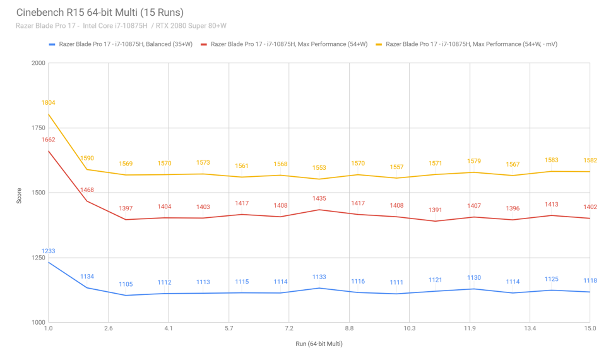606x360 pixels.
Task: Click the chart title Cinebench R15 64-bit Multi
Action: click(x=100, y=12)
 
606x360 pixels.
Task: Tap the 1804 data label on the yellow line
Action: click(x=49, y=102)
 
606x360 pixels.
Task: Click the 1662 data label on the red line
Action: click(x=49, y=140)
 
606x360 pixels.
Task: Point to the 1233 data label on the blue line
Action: click(x=49, y=251)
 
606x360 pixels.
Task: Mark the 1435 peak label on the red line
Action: click(x=319, y=198)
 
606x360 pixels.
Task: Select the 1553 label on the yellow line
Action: click(x=319, y=168)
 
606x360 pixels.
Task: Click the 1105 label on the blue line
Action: click(x=126, y=284)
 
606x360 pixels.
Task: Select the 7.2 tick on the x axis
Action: click(x=289, y=328)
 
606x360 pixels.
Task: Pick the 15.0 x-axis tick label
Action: click(x=590, y=328)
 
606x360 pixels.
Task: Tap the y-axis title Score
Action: click(x=20, y=193)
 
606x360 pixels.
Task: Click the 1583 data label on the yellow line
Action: click(x=550, y=160)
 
